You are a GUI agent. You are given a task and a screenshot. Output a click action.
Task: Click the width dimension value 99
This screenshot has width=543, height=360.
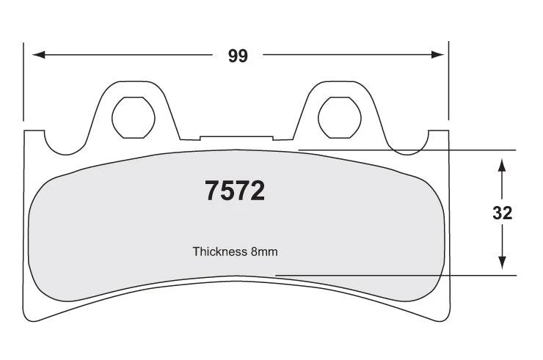point(238,56)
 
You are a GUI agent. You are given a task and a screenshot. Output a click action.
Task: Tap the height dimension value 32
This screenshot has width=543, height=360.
point(502,213)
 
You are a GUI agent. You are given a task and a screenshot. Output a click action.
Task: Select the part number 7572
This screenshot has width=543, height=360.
point(235,191)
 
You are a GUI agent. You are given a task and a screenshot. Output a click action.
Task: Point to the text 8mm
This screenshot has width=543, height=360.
point(264,251)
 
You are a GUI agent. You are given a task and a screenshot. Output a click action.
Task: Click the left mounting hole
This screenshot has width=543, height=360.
point(134,118)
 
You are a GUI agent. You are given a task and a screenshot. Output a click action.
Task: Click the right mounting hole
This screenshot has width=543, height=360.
point(339,118)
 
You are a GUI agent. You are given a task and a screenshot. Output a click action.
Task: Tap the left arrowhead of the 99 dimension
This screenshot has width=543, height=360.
point(38,55)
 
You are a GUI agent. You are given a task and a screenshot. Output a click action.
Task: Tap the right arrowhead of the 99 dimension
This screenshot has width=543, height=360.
point(438,55)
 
